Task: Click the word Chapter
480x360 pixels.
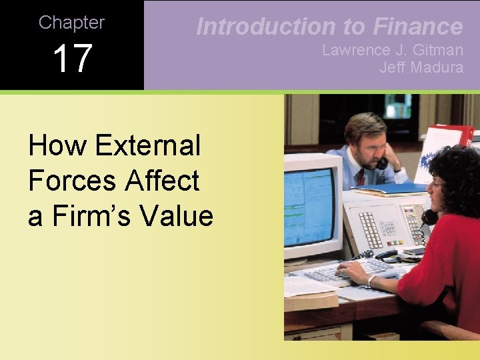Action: (71, 22)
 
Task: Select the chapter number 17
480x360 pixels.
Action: (72, 59)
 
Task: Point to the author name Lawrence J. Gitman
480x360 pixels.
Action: (392, 50)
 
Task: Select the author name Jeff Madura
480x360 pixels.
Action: (421, 67)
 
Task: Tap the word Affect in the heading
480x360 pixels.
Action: (166, 181)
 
